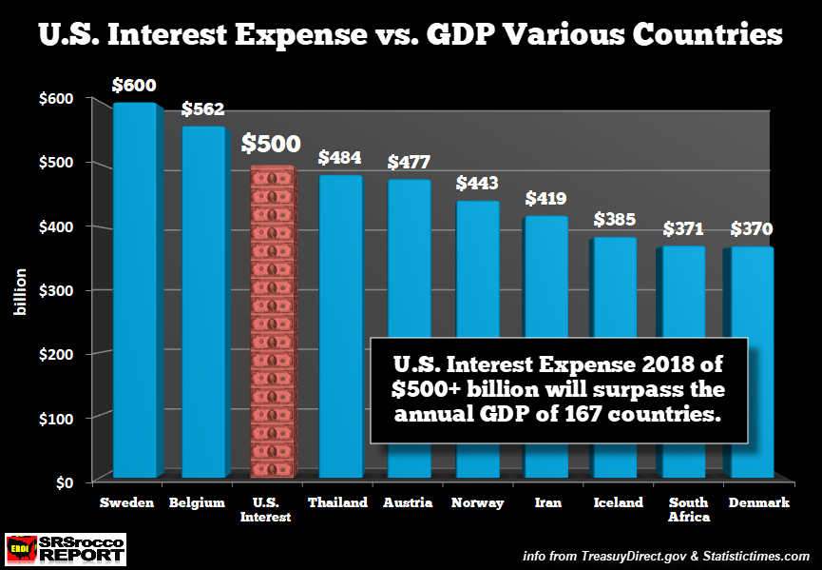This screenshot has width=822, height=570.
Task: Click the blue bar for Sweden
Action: (135, 285)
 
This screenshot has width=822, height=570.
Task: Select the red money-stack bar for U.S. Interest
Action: (273, 324)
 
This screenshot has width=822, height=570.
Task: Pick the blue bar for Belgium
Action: (203, 305)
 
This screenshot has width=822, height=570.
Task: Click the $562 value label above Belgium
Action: (203, 109)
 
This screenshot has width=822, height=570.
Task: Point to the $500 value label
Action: (271, 144)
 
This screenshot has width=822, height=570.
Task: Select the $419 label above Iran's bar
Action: (545, 199)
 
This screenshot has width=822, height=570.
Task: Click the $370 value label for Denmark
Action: (752, 229)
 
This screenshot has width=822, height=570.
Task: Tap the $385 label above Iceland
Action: (615, 219)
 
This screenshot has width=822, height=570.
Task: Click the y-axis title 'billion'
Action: (21, 291)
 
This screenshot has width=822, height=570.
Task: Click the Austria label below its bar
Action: (410, 502)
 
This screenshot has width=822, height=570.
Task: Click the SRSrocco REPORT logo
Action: (65, 549)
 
